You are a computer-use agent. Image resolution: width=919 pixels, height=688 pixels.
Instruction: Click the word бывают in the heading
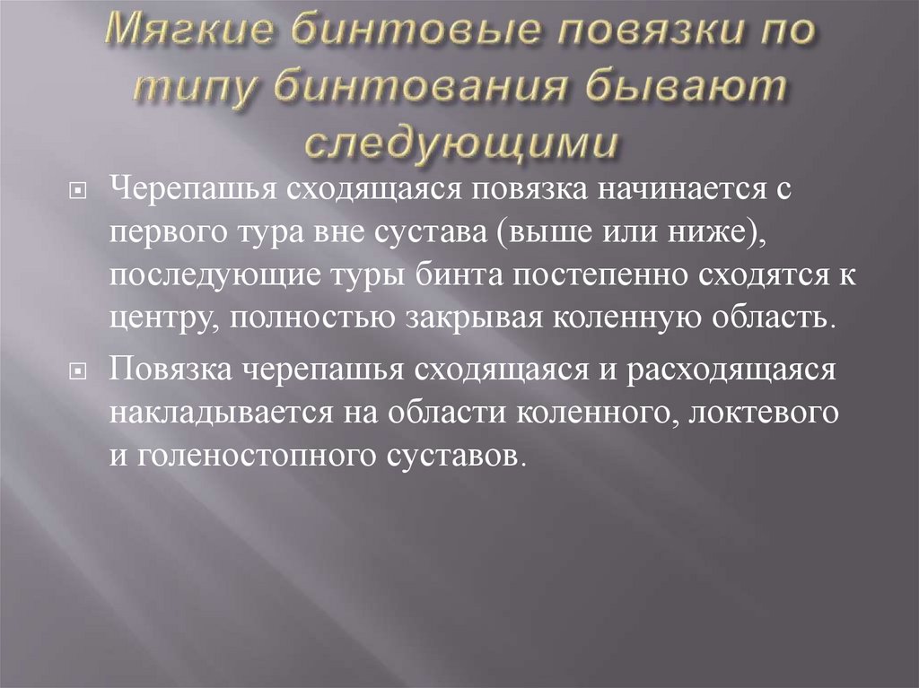click(x=682, y=90)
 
